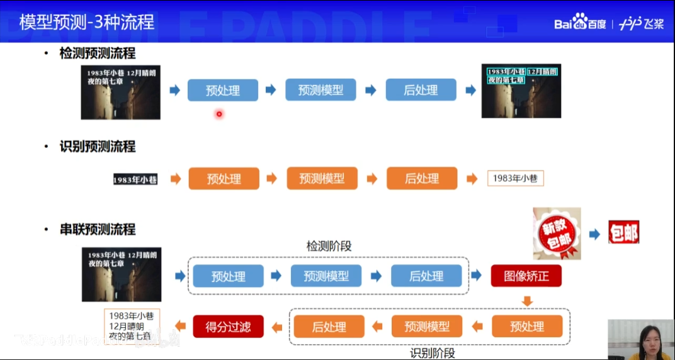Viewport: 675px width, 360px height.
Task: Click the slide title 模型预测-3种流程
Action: tap(87, 23)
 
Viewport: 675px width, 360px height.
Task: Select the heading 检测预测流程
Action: tap(98, 53)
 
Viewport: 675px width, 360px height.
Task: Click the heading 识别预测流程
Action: tap(98, 147)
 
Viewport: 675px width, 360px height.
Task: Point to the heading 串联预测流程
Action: tap(98, 230)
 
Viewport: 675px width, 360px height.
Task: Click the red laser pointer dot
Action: tap(219, 114)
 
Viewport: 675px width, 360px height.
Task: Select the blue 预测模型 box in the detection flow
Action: tap(320, 90)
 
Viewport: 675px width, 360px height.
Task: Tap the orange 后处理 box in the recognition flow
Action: tap(421, 179)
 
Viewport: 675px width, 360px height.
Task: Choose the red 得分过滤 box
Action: tap(228, 326)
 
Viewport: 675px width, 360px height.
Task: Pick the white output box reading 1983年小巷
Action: tap(515, 179)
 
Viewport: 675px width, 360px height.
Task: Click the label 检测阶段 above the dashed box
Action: tap(329, 246)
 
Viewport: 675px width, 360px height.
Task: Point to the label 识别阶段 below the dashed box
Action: tap(433, 353)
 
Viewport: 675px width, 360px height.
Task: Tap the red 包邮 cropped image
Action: tap(623, 233)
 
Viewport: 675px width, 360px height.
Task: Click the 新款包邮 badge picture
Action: tap(557, 233)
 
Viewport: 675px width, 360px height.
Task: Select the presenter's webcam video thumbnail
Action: tap(641, 339)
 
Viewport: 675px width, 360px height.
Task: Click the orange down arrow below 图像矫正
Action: tap(527, 301)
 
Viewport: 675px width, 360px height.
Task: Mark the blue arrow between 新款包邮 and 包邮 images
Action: tap(594, 234)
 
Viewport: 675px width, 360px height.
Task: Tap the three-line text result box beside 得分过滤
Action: tap(131, 327)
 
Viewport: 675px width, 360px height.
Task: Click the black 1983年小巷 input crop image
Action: tap(135, 179)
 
